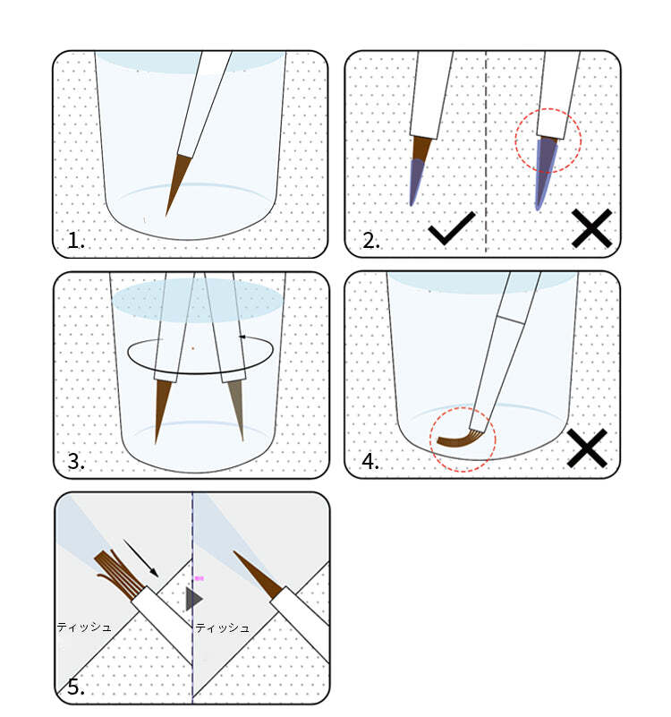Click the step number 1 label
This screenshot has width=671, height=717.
click(76, 240)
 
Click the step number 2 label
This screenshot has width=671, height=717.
click(369, 240)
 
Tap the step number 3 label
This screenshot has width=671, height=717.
click(76, 462)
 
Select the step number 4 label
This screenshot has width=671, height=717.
click(369, 462)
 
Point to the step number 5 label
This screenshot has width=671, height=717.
click(76, 687)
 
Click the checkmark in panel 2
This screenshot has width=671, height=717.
click(451, 232)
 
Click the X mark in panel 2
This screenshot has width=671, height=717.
click(590, 228)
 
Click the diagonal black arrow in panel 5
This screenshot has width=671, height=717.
click(141, 558)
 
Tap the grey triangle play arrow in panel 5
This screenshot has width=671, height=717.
click(193, 599)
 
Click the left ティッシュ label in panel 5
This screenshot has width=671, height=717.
click(84, 627)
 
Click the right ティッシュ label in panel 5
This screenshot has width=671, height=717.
click(223, 627)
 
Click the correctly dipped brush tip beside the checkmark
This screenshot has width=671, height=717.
click(419, 170)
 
